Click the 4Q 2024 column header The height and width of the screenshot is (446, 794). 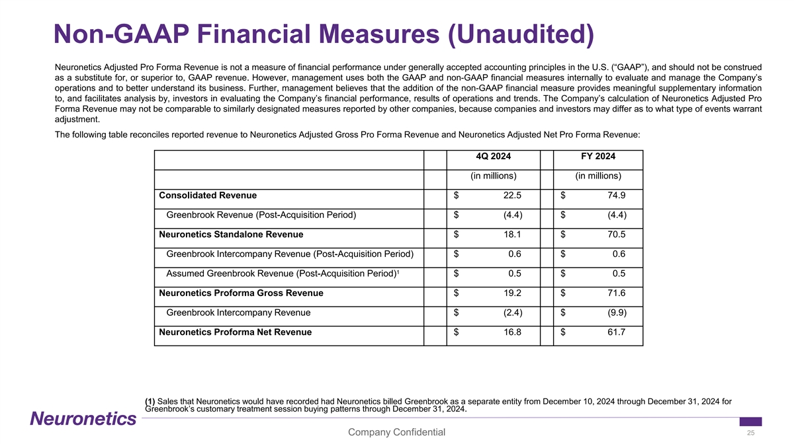coord(493,157)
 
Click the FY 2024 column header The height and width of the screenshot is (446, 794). coord(598,157)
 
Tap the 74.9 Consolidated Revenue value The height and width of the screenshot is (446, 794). coord(616,195)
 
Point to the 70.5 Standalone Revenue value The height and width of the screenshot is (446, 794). coord(616,234)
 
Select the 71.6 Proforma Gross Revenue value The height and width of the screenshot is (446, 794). coord(616,293)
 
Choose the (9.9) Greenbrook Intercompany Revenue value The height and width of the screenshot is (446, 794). coord(615,313)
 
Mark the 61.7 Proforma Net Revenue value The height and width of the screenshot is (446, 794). coord(616,332)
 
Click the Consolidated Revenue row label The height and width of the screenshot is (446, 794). coord(208,195)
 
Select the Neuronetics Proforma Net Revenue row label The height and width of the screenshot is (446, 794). coord(235,332)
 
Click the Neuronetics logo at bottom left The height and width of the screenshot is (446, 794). coord(83,419)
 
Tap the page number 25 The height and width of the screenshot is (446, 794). coord(750,433)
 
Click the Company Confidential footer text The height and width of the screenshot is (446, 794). coord(396,433)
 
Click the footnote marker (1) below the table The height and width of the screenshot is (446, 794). coord(150,400)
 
